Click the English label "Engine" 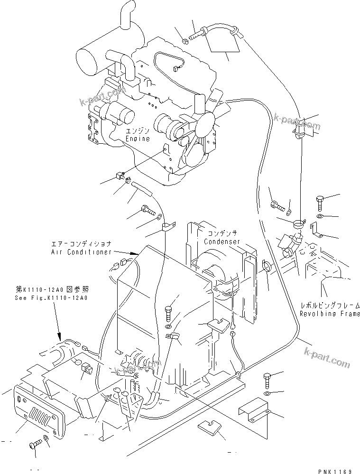tap(138, 139)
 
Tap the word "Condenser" tap(222, 242)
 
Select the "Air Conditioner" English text tap(81, 252)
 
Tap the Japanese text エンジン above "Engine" tap(138, 130)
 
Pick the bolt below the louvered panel tap(36, 444)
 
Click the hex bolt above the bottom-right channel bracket tap(267, 381)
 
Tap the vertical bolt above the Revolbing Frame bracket tap(320, 203)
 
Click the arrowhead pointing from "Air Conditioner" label tap(137, 255)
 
